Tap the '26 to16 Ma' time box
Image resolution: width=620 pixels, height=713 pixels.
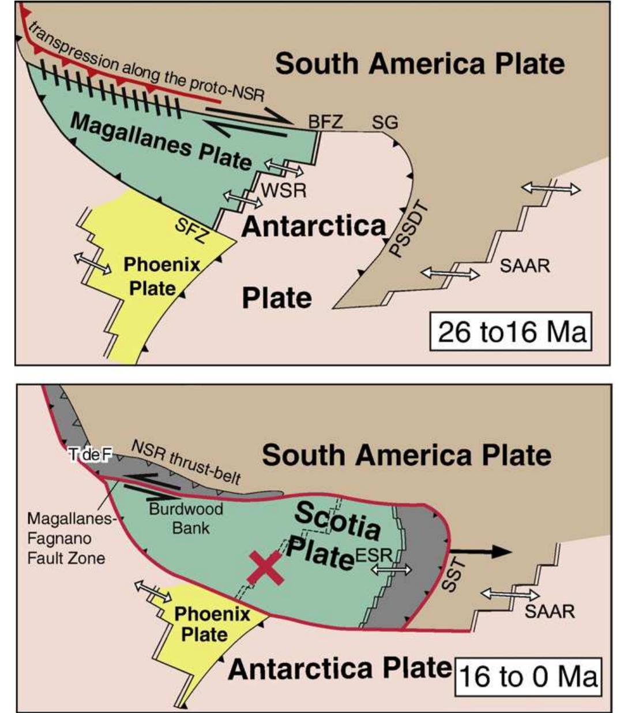coord(512,333)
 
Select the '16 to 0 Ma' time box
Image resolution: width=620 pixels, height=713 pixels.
coord(528,676)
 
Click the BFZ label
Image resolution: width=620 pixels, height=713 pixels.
coord(325,122)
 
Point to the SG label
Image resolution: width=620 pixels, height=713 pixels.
coord(385,122)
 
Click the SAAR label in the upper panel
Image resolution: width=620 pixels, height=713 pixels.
coord(524,266)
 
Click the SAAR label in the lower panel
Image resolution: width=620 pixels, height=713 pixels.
coord(549,611)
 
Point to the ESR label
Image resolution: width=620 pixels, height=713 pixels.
coord(374,555)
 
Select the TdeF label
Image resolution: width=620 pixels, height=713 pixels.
coord(89,456)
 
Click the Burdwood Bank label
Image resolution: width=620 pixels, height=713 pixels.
coord(186,518)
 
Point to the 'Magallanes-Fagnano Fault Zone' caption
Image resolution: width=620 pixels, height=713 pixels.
coord(66,539)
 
